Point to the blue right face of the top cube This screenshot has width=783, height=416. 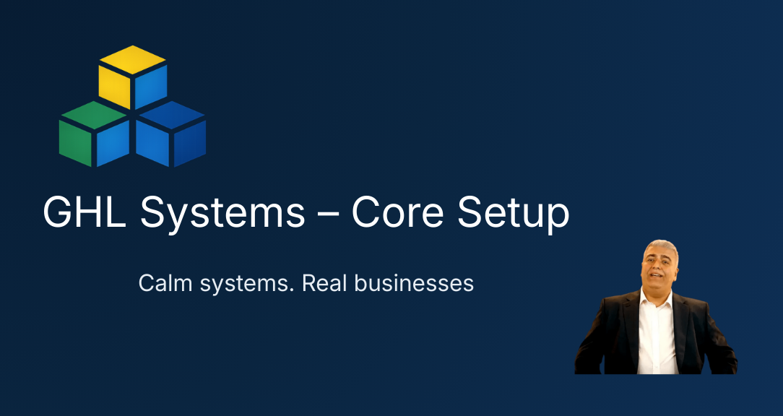coord(151,87)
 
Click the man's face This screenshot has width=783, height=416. coord(657,267)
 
